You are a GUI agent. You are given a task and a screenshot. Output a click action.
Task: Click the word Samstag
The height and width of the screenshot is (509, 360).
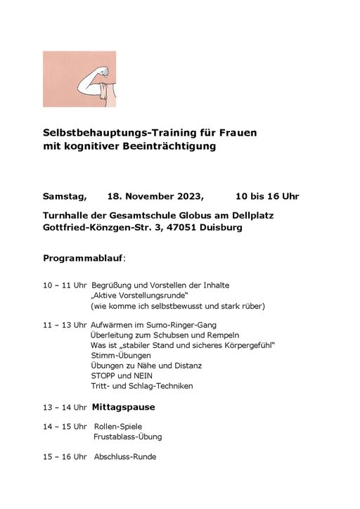point(65,195)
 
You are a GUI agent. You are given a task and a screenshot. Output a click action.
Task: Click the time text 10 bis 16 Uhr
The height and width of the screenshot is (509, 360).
point(267,195)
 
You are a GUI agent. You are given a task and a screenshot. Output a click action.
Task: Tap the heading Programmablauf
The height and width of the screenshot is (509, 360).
point(83,258)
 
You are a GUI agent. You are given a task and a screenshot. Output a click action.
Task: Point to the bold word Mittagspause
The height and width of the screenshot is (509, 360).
point(124,407)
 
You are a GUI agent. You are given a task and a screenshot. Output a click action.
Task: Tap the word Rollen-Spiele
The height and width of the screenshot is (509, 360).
point(118,426)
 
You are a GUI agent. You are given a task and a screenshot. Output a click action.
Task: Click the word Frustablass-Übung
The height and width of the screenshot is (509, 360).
point(128,437)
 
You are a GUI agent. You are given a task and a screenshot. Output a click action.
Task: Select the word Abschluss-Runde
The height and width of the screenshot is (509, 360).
point(125,457)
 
